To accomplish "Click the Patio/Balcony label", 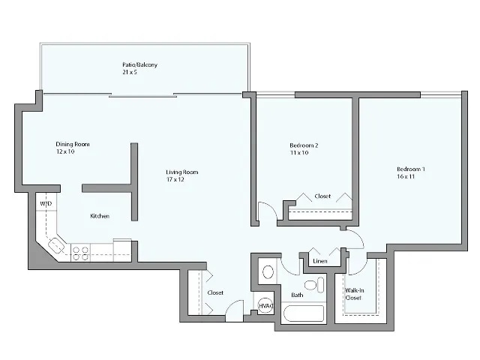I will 139,65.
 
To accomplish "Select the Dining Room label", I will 73,144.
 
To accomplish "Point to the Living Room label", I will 182,172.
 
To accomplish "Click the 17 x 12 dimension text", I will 175,180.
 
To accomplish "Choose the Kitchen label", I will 100,216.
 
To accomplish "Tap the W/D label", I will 45,203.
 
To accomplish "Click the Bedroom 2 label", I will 304,145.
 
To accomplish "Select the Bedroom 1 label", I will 411,169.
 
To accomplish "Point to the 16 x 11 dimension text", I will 406,177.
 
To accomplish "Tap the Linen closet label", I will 320,261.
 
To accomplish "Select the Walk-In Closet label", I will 353,293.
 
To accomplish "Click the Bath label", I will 297,295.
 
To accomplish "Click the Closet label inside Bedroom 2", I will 322,196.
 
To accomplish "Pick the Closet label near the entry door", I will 215,292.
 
